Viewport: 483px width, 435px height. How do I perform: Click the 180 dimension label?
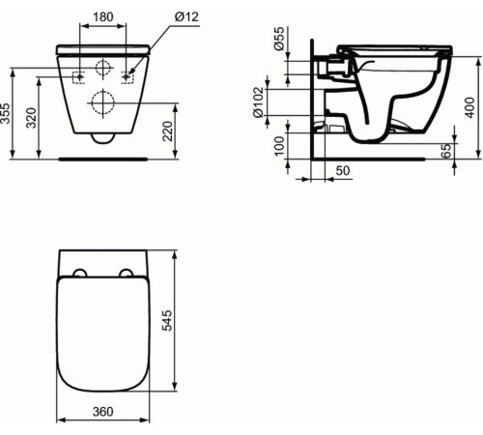tap(103, 16)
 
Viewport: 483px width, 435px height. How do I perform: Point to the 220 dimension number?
tap(170, 130)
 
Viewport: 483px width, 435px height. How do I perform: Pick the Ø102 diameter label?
tap(260, 101)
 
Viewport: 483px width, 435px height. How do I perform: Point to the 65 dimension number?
tap(446, 150)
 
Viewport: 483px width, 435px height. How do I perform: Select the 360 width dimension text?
tap(103, 413)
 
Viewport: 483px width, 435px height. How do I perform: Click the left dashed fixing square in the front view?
tap(79, 74)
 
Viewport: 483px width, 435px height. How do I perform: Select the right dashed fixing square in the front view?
tap(128, 74)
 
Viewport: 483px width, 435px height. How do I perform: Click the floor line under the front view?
tap(103, 156)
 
